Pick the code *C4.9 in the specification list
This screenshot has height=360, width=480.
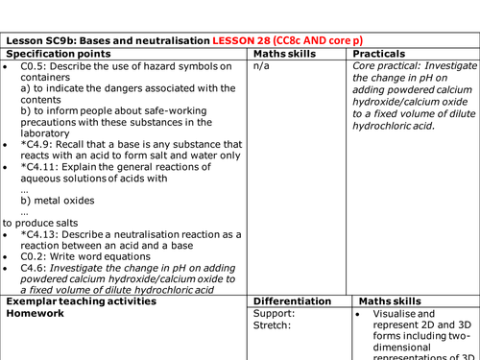point(36,144)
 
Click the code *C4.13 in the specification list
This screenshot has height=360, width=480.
point(39,234)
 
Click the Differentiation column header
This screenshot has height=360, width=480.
point(295,301)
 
